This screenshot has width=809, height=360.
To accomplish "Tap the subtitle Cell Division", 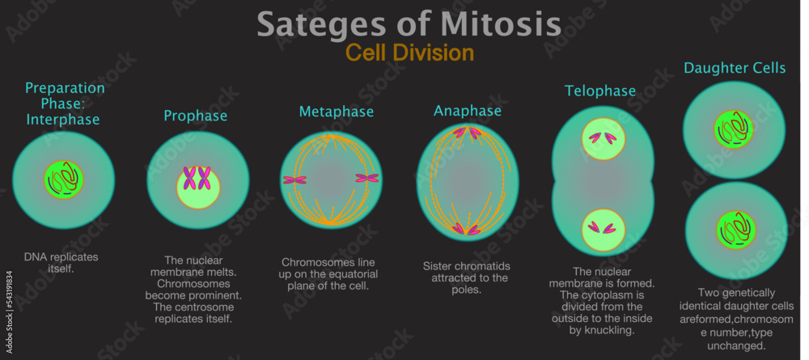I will [409, 53].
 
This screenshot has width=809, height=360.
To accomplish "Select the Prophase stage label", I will [195, 116].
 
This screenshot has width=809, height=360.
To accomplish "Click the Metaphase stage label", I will [337, 112].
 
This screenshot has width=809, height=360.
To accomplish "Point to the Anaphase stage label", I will [467, 111].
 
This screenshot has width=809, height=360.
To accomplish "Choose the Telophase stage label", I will [600, 91].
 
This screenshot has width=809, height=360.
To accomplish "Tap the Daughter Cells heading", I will [735, 68].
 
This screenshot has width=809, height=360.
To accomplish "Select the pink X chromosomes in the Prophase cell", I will [197, 178].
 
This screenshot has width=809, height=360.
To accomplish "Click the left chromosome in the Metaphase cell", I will [294, 180].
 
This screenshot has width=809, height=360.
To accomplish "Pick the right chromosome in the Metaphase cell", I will [366, 179].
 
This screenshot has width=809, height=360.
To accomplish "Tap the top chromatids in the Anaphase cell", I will [467, 133].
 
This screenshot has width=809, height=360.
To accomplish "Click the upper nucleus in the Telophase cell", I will [603, 138].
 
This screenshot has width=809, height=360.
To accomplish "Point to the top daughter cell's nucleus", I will [734, 129].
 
